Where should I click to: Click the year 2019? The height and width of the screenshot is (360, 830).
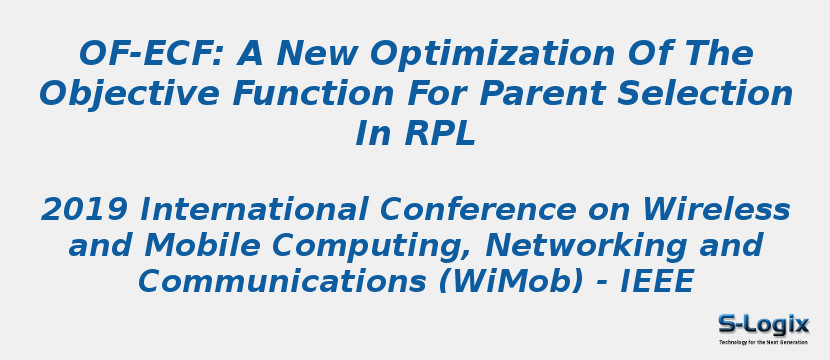tap(84, 211)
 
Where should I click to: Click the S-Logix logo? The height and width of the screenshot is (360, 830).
tap(763, 323)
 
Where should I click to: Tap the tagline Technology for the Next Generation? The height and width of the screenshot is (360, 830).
tap(763, 342)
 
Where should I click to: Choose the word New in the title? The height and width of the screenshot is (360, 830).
tap(317, 54)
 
